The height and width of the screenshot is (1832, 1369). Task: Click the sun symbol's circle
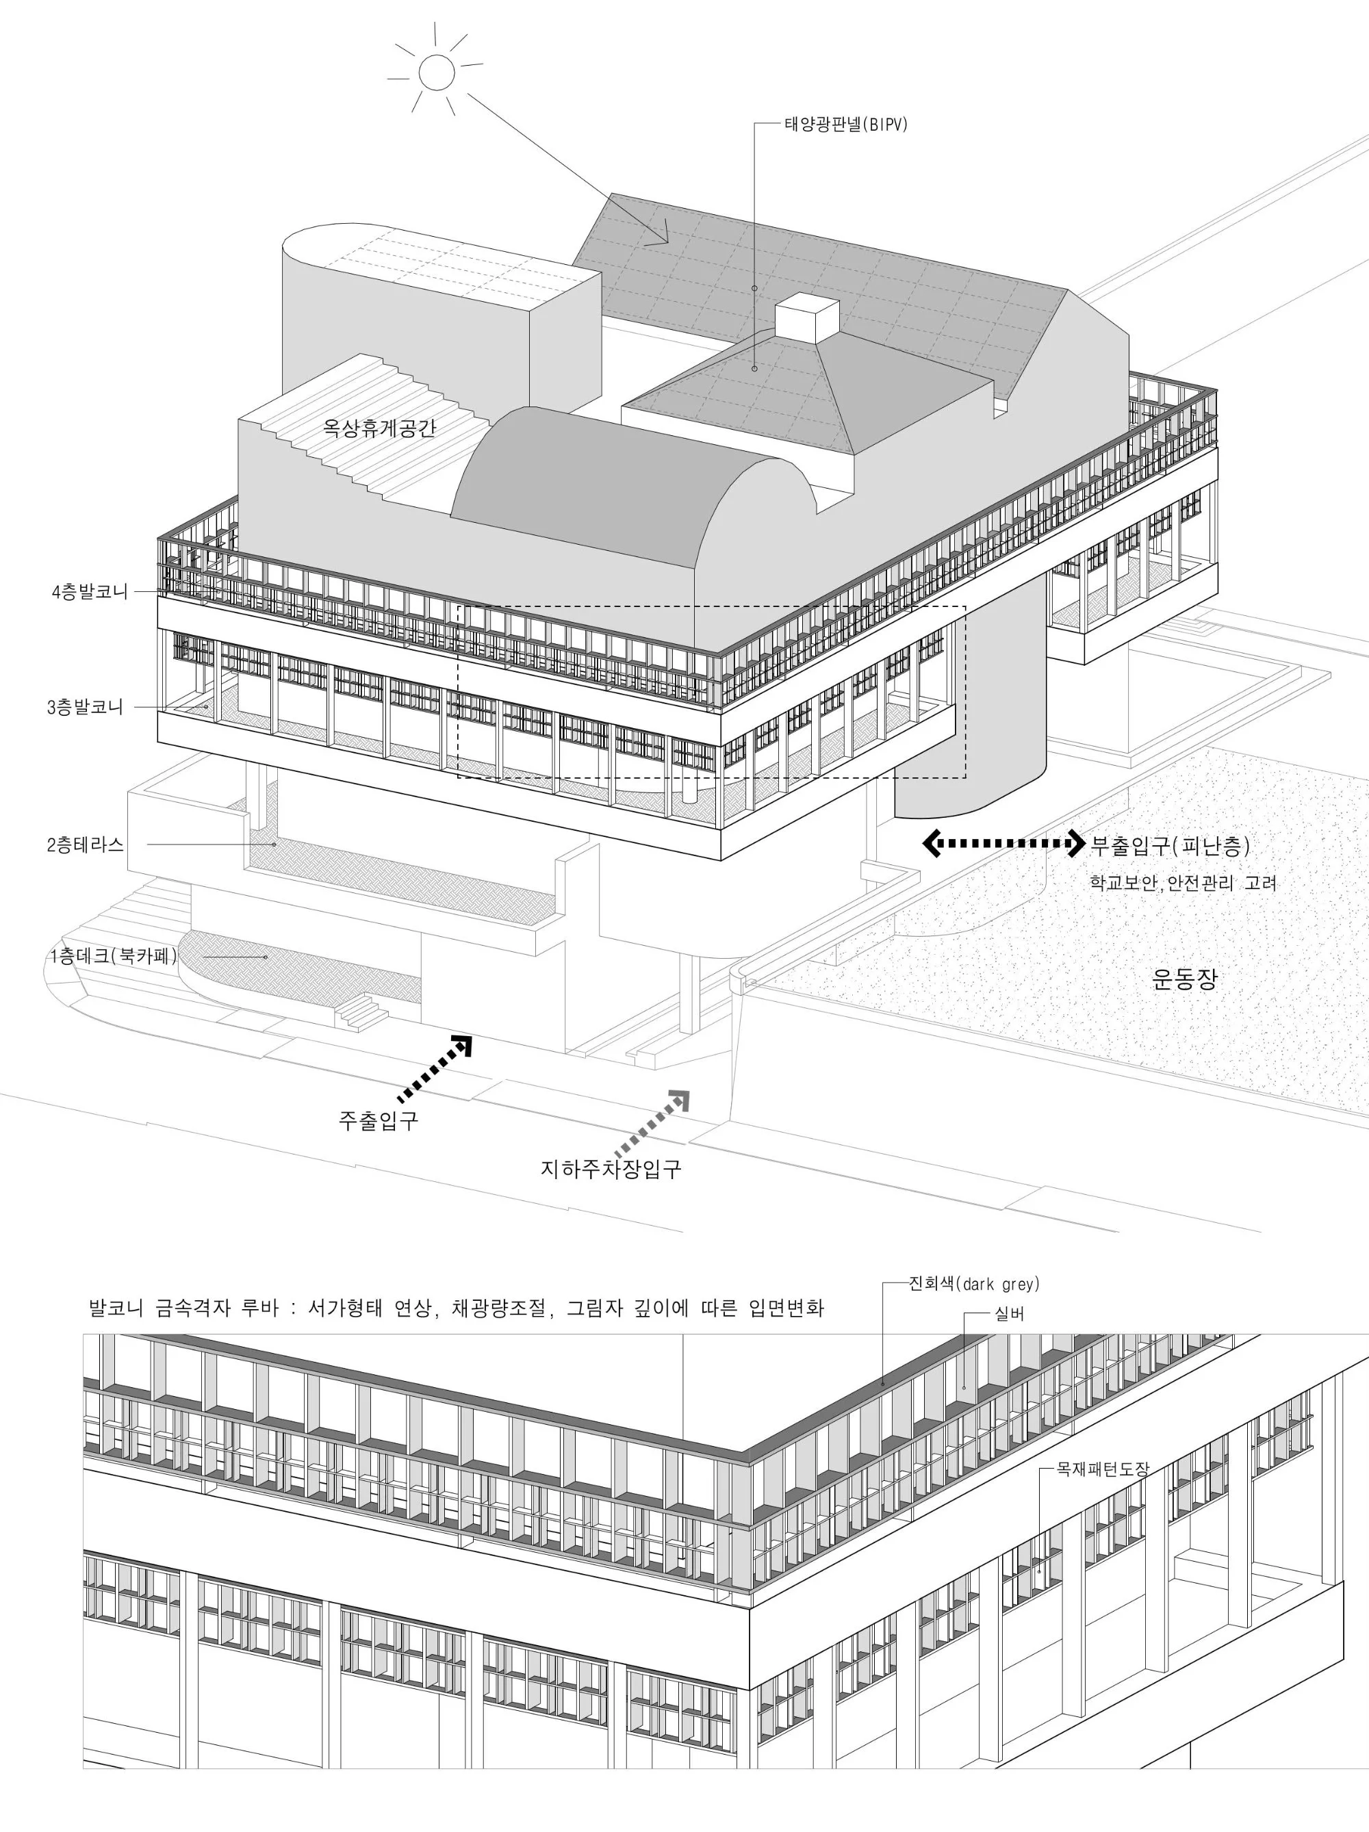click(x=437, y=71)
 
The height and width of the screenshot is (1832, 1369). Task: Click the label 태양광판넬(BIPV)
click(x=845, y=125)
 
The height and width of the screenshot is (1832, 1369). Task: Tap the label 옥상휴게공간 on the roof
click(x=379, y=428)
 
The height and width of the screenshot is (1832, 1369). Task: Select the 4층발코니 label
click(x=90, y=592)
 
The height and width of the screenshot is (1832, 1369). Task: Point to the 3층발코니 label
click(x=86, y=708)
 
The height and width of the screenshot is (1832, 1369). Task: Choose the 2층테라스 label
click(x=86, y=844)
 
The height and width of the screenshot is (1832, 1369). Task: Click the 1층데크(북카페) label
click(x=114, y=957)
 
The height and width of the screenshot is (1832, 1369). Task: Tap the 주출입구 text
click(x=379, y=1122)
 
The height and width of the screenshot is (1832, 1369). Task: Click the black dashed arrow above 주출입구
click(x=435, y=1068)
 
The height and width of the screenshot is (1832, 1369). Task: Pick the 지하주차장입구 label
click(x=611, y=1170)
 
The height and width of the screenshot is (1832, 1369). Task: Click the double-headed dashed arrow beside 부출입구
click(x=1003, y=844)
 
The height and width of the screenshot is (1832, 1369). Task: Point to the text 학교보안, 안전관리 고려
click(x=1183, y=883)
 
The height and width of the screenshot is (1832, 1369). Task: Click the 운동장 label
click(x=1184, y=980)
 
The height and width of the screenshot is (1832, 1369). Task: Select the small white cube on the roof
click(x=806, y=318)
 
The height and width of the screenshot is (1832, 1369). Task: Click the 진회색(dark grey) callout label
click(x=974, y=1285)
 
